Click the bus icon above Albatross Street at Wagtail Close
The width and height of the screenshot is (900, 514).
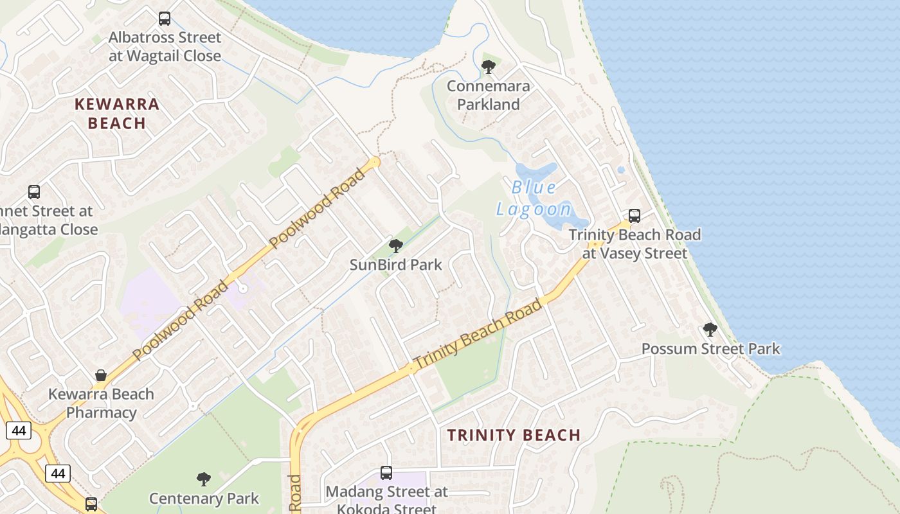(x=165, y=19)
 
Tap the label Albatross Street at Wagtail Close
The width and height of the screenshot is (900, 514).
(x=165, y=47)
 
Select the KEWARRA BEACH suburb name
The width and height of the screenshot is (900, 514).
(x=117, y=113)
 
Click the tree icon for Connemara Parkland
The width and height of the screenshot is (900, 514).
(x=489, y=66)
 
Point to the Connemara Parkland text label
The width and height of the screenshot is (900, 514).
(x=489, y=95)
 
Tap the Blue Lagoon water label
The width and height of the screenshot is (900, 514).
(x=534, y=198)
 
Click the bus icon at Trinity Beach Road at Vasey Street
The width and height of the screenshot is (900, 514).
(x=634, y=216)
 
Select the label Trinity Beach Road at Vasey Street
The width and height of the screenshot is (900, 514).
(x=634, y=244)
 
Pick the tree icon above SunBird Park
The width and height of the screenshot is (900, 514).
(x=396, y=245)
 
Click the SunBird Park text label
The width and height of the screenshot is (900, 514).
(x=396, y=264)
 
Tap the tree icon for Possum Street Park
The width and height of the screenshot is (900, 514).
(x=710, y=330)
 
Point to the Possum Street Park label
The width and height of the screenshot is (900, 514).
(x=710, y=349)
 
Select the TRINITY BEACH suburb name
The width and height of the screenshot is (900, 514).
(x=514, y=435)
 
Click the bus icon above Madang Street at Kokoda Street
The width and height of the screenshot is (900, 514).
(x=386, y=473)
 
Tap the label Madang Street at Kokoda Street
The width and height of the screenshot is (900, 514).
(x=386, y=501)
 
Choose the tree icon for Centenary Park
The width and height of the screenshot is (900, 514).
(x=204, y=479)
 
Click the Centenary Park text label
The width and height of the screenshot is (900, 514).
(x=204, y=498)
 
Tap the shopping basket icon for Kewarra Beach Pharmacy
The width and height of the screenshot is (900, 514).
(x=101, y=375)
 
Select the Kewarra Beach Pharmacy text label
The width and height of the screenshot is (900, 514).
(x=101, y=403)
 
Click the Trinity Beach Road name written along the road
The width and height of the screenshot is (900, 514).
(x=478, y=335)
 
